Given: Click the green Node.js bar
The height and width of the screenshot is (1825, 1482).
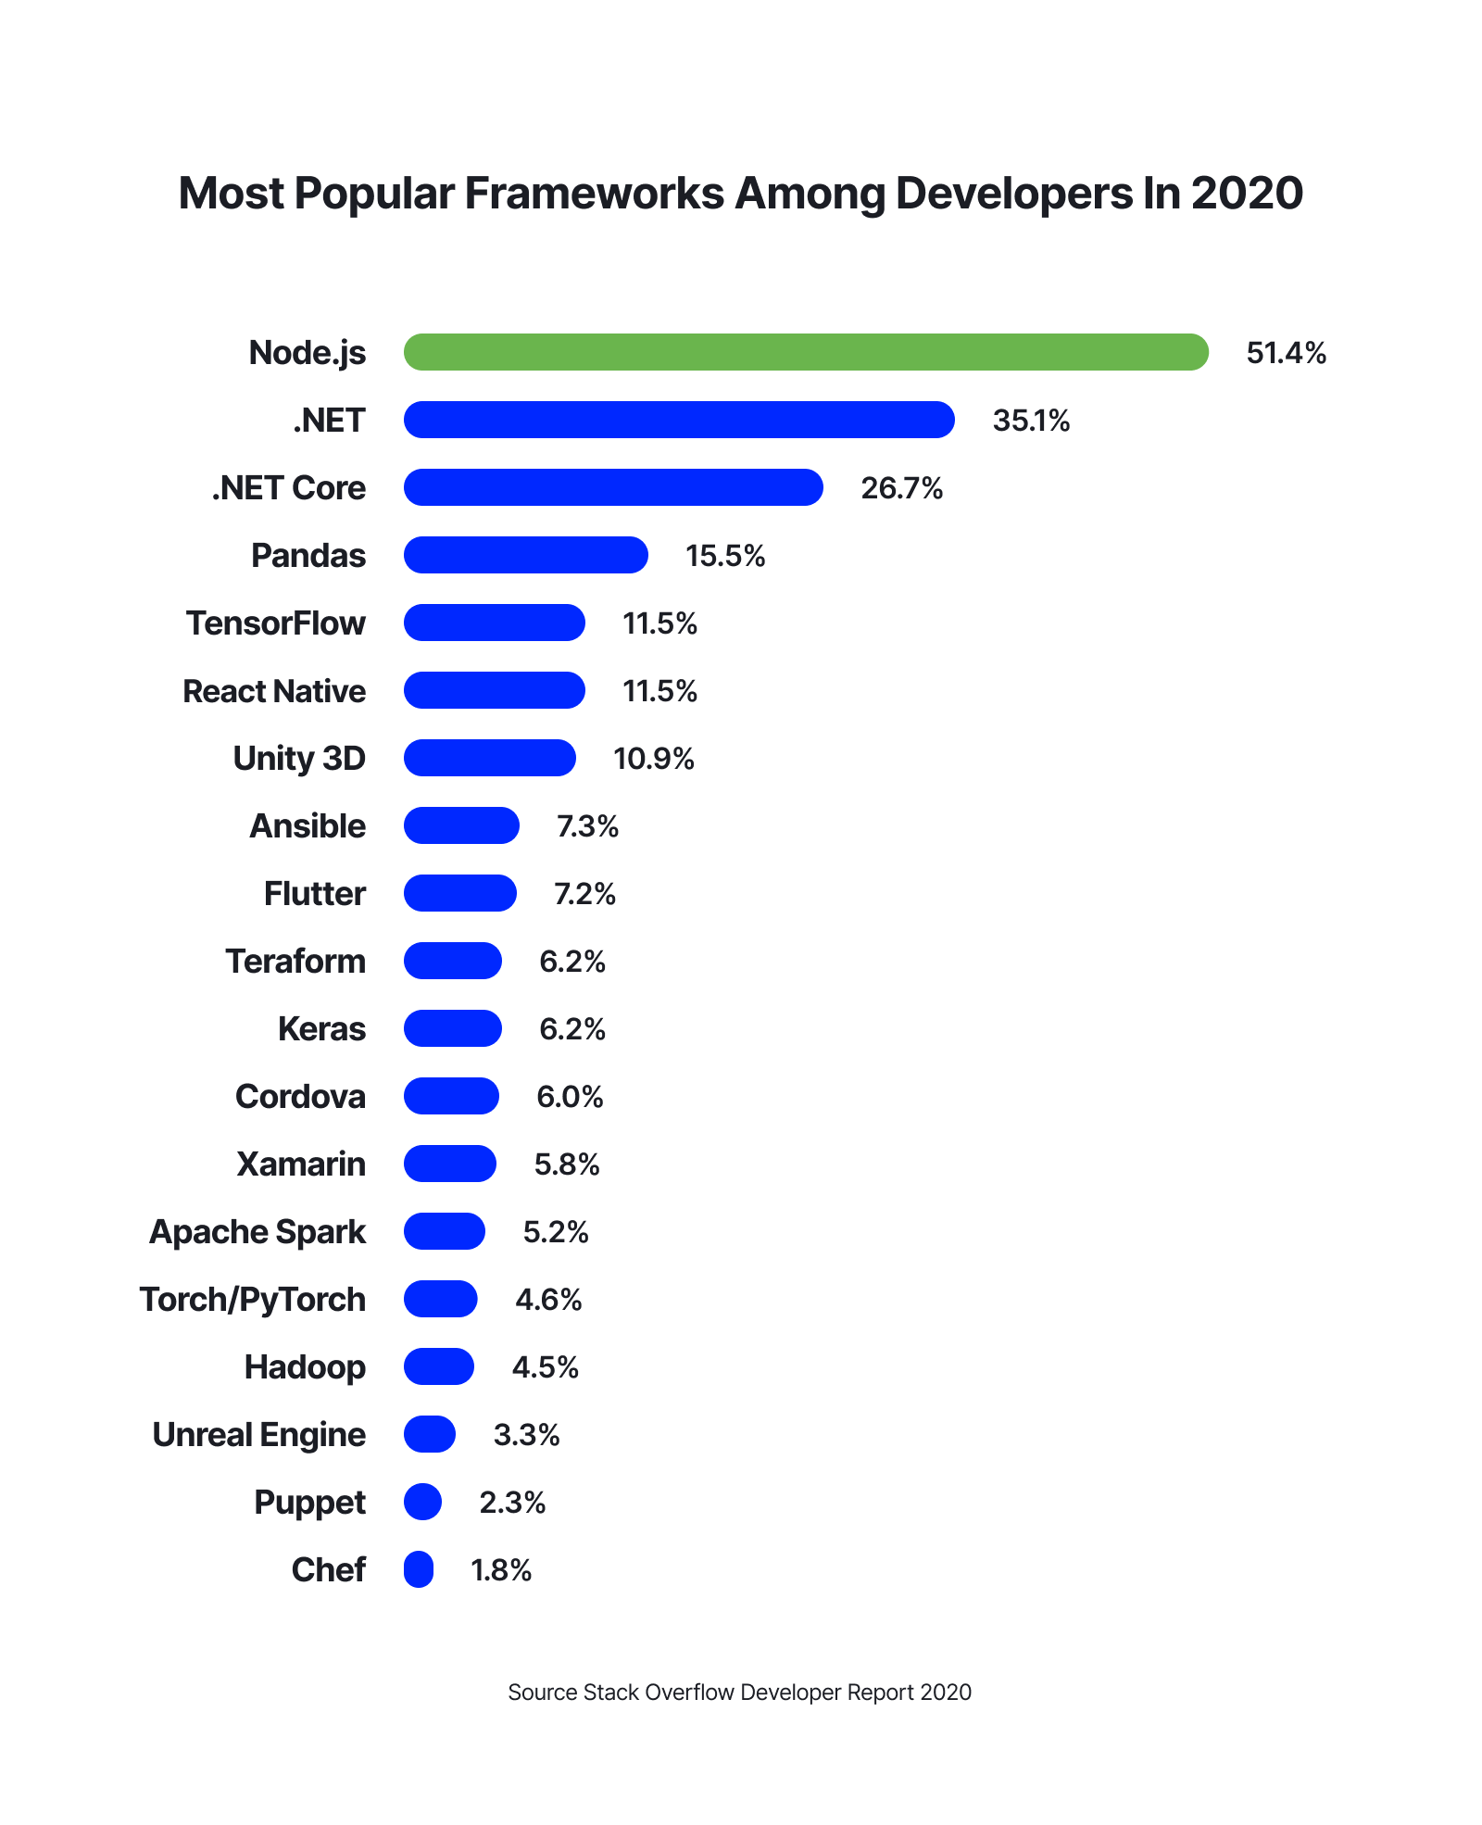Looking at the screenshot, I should (x=806, y=352).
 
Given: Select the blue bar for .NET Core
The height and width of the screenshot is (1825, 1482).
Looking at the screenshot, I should (x=613, y=487).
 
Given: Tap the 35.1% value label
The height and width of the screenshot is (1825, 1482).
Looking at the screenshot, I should (x=1031, y=421).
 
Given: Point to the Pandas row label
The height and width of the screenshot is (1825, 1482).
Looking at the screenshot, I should (x=308, y=556).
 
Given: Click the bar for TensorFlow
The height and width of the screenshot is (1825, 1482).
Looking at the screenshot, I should (x=495, y=623).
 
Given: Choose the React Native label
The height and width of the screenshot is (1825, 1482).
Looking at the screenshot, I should (x=274, y=691).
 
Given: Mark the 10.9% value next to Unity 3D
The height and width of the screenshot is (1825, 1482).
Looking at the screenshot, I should (x=654, y=759).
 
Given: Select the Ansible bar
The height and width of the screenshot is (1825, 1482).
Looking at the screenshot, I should (x=461, y=825).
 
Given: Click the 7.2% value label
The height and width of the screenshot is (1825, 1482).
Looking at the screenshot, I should (x=584, y=894).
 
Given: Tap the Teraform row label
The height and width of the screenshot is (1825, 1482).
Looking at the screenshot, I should (x=295, y=962).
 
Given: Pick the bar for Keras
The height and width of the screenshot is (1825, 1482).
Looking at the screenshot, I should (x=453, y=1028).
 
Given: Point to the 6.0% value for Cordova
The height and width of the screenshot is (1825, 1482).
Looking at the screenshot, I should (x=570, y=1097).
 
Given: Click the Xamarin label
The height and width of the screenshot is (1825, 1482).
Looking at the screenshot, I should (x=301, y=1164).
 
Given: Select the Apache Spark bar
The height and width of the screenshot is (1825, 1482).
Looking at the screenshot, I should (x=445, y=1231).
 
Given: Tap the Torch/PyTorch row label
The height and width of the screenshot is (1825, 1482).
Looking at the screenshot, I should (x=253, y=1300).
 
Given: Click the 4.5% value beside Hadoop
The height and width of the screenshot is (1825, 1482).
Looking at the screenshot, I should (x=545, y=1367).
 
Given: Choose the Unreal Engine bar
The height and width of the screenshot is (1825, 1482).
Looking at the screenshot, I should (x=430, y=1434).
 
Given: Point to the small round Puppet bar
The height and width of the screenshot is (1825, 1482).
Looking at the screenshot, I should (x=422, y=1502).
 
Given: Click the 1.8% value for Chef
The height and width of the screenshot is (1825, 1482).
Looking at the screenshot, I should (x=501, y=1570).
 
